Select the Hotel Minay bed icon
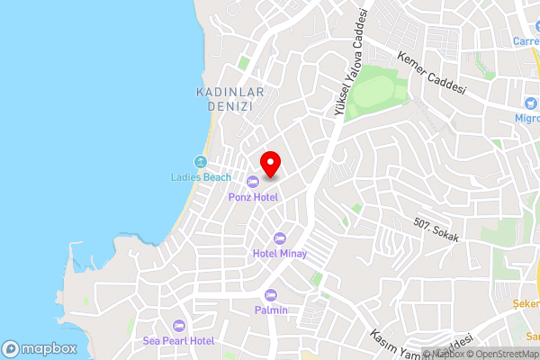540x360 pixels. (x=279, y=238)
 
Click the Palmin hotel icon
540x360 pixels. (x=271, y=295)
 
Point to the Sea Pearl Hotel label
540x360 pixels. (x=178, y=341)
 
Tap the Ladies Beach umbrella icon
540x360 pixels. (x=201, y=162)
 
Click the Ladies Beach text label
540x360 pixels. (x=201, y=177)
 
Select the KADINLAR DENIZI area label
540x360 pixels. (x=223, y=99)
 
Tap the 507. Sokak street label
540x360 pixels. (x=437, y=230)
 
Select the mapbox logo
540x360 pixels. (x=39, y=348)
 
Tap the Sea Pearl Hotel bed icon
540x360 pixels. (x=178, y=326)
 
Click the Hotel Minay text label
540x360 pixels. (x=280, y=254)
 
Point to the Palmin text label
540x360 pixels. (x=271, y=310)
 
